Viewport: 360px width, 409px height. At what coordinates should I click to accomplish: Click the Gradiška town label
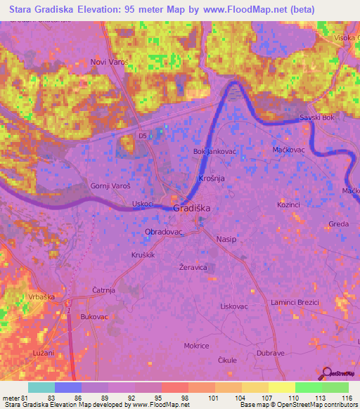coord(192,209)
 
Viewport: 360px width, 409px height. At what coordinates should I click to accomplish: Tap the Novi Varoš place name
coord(109,63)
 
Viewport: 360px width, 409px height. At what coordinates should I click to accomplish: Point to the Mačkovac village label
coord(288,150)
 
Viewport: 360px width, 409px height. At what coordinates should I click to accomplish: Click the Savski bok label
coord(316,117)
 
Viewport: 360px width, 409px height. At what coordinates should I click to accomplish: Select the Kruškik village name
coord(143,254)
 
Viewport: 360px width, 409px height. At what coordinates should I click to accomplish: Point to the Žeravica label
coord(193,268)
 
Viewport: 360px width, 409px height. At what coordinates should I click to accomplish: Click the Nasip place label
coord(226,240)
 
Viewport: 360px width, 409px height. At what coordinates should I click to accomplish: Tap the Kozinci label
coord(289,203)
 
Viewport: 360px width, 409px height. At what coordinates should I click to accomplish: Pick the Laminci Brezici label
coord(295,301)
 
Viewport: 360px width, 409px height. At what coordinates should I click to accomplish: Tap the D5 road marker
coord(143,136)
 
